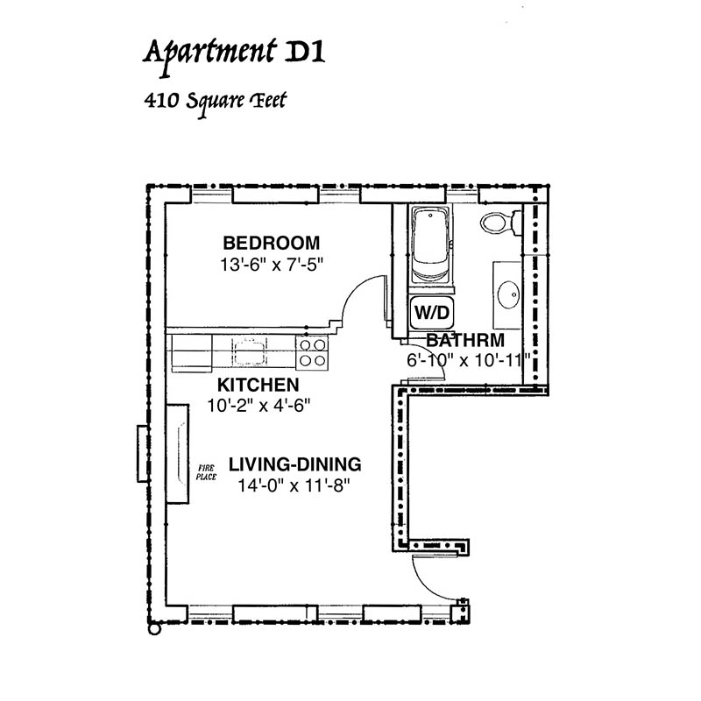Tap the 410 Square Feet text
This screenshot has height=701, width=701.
pyautogui.click(x=215, y=103)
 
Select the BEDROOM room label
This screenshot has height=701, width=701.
pyautogui.click(x=272, y=244)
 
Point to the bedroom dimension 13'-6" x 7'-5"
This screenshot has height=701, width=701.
pyautogui.click(x=272, y=265)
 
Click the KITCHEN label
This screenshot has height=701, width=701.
pyautogui.click(x=258, y=385)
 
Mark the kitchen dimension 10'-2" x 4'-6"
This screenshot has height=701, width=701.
pyautogui.click(x=258, y=406)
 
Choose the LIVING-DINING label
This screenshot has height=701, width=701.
pyautogui.click(x=295, y=464)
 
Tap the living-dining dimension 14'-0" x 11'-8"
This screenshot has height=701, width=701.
pyautogui.click(x=294, y=485)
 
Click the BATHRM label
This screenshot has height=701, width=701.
pyautogui.click(x=465, y=341)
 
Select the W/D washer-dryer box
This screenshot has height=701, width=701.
pyautogui.click(x=431, y=313)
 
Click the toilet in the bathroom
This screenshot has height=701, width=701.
pyautogui.click(x=500, y=223)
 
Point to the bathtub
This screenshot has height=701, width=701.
pyautogui.click(x=430, y=244)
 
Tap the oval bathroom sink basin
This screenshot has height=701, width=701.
pyautogui.click(x=508, y=294)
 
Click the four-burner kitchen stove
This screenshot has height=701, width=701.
pyautogui.click(x=312, y=353)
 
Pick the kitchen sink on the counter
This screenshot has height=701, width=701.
pyautogui.click(x=249, y=351)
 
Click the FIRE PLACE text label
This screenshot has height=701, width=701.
pyautogui.click(x=206, y=472)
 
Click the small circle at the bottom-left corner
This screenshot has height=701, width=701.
pyautogui.click(x=154, y=629)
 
